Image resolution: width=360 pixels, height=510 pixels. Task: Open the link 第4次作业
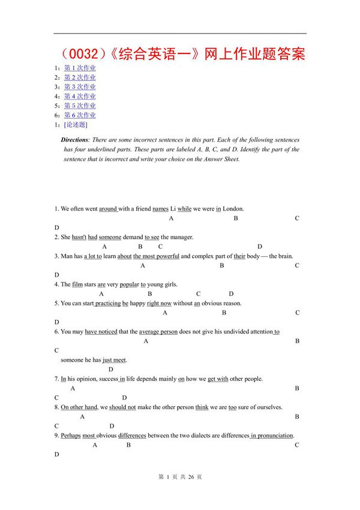pyautogui.click(x=80, y=96)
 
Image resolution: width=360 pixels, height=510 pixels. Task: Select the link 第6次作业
pyautogui.click(x=80, y=115)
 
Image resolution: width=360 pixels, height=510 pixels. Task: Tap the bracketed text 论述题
pyautogui.click(x=75, y=125)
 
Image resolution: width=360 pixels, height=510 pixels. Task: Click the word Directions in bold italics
pyautogui.click(x=75, y=140)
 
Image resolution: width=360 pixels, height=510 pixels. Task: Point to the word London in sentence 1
pyautogui.click(x=233, y=209)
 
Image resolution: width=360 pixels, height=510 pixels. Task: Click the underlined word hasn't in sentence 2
pyautogui.click(x=80, y=237)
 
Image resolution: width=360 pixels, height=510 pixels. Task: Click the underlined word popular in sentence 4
pyautogui.click(x=130, y=284)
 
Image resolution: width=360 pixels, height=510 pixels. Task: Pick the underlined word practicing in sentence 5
pyautogui.click(x=108, y=304)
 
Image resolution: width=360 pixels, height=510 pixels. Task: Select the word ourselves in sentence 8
pyautogui.click(x=268, y=407)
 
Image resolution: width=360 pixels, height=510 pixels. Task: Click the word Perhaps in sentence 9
pyautogui.click(x=70, y=436)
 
